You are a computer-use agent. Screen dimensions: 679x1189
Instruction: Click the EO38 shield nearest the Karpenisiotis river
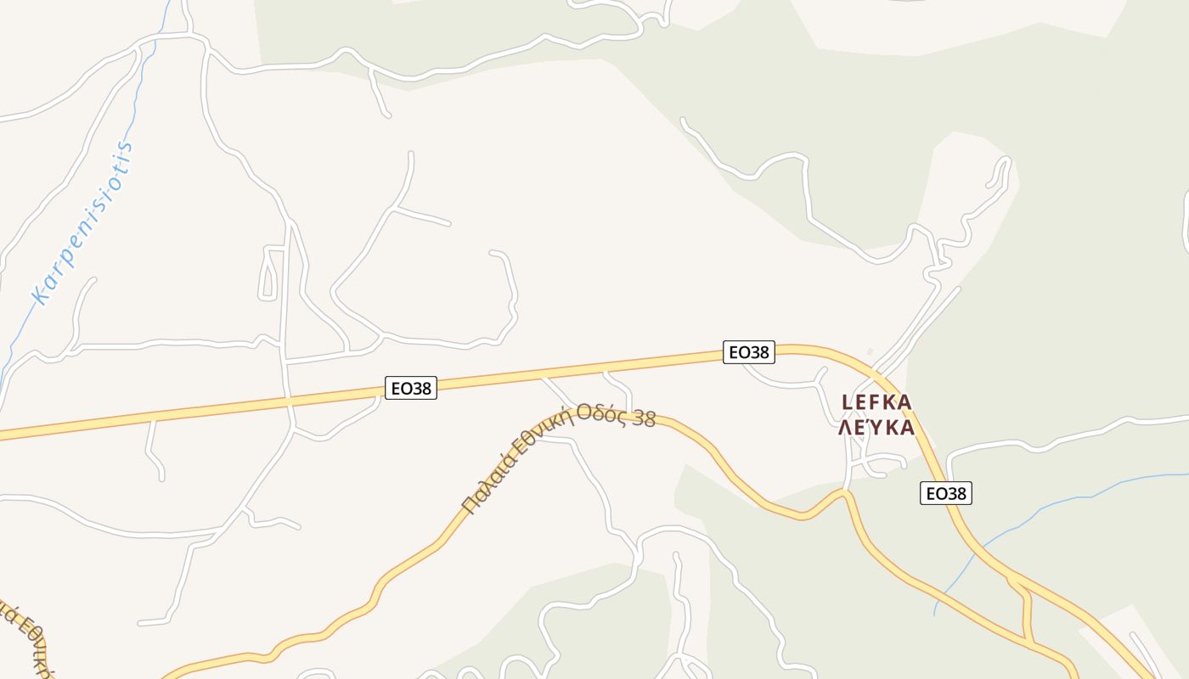[x=411, y=389]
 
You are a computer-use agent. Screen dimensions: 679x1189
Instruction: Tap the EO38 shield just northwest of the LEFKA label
[x=749, y=351]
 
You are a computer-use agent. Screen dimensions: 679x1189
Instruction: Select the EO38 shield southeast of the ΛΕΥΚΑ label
[x=946, y=493]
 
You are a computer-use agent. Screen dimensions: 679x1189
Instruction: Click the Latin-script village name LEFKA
[x=876, y=401]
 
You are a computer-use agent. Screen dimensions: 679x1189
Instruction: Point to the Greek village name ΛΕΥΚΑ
[x=876, y=427]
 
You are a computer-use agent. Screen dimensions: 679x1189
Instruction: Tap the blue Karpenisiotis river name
[x=83, y=223]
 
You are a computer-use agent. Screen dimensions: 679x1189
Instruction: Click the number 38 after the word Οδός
[x=645, y=418]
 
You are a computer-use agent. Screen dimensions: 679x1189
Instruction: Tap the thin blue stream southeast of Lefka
[x=1019, y=526]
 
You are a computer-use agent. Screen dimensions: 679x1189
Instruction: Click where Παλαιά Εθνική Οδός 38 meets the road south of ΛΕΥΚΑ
[x=845, y=492]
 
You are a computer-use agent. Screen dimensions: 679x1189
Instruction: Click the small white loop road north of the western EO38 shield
[x=269, y=272]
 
